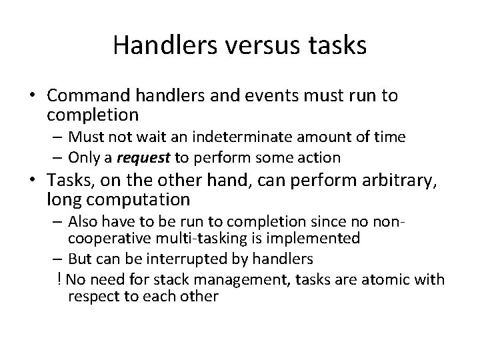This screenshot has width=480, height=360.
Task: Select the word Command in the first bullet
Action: [x=85, y=96]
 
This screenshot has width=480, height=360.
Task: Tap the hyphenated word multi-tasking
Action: [x=191, y=238]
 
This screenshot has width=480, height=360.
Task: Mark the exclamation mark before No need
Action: [x=60, y=279]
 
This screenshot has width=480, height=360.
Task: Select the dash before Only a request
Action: [x=57, y=158]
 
